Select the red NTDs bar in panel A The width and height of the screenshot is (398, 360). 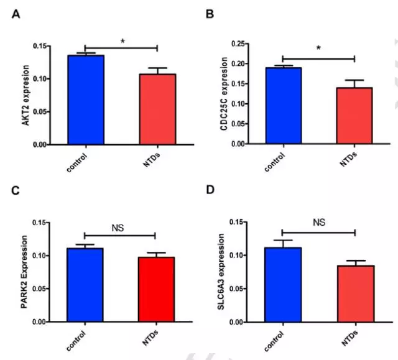pos(157,109)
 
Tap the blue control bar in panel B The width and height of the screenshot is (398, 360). pos(283,106)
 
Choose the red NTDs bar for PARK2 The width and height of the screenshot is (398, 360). pos(157,289)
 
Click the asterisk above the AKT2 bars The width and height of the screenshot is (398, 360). pos(123,42)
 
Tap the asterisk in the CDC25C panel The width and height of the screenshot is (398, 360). pos(318,48)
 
